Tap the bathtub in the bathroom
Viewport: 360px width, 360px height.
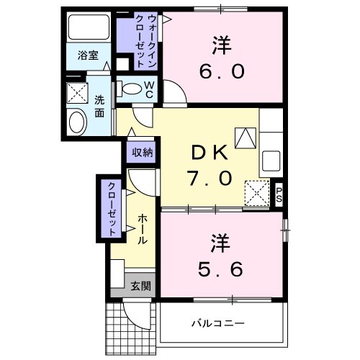click(x=89, y=28)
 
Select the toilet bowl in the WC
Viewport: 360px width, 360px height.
click(x=132, y=89)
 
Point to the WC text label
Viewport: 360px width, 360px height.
click(x=149, y=89)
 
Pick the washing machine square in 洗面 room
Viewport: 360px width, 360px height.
click(x=76, y=94)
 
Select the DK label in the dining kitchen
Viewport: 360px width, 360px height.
click(x=210, y=153)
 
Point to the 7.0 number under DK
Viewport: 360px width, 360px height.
click(x=210, y=177)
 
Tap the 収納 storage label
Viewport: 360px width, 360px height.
click(x=142, y=152)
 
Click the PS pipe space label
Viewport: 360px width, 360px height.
click(x=280, y=194)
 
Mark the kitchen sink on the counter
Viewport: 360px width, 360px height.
click(x=273, y=158)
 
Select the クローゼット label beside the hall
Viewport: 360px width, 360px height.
click(x=112, y=209)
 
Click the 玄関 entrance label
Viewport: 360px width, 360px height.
click(x=141, y=285)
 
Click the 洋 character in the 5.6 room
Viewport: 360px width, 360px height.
click(x=221, y=241)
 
